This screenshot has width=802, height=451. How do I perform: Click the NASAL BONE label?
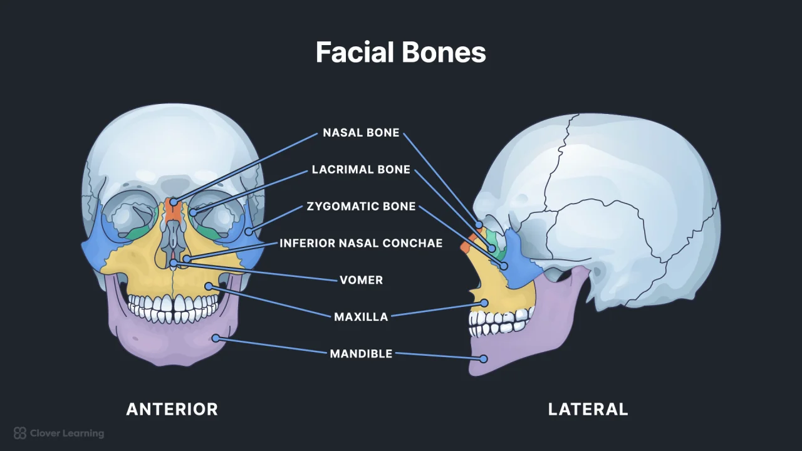click(x=361, y=133)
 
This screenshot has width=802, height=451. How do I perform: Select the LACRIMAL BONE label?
click(x=361, y=170)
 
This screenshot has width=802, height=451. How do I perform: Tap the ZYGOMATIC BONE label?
click(x=361, y=206)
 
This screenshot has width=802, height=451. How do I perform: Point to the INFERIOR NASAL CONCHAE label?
click(x=361, y=243)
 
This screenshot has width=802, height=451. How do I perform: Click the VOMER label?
click(x=361, y=280)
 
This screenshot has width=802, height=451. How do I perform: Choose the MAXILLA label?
click(x=361, y=317)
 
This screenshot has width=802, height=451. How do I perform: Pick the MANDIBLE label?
click(x=361, y=354)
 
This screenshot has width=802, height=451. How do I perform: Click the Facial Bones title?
click(x=401, y=53)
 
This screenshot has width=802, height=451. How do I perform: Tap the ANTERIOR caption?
click(x=172, y=410)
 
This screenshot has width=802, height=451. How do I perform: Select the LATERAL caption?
click(x=588, y=410)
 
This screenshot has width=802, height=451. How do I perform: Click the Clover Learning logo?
click(x=59, y=433)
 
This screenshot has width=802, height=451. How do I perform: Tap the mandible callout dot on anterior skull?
click(x=215, y=338)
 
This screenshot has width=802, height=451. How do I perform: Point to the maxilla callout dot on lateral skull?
click(x=484, y=303)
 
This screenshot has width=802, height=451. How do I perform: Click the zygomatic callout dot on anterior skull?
click(x=249, y=232)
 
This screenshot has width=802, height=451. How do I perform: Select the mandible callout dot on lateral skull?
click(x=483, y=359)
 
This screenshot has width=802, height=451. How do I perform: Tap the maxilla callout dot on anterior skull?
click(x=208, y=287)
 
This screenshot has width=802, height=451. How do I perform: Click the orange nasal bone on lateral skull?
click(x=466, y=247)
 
